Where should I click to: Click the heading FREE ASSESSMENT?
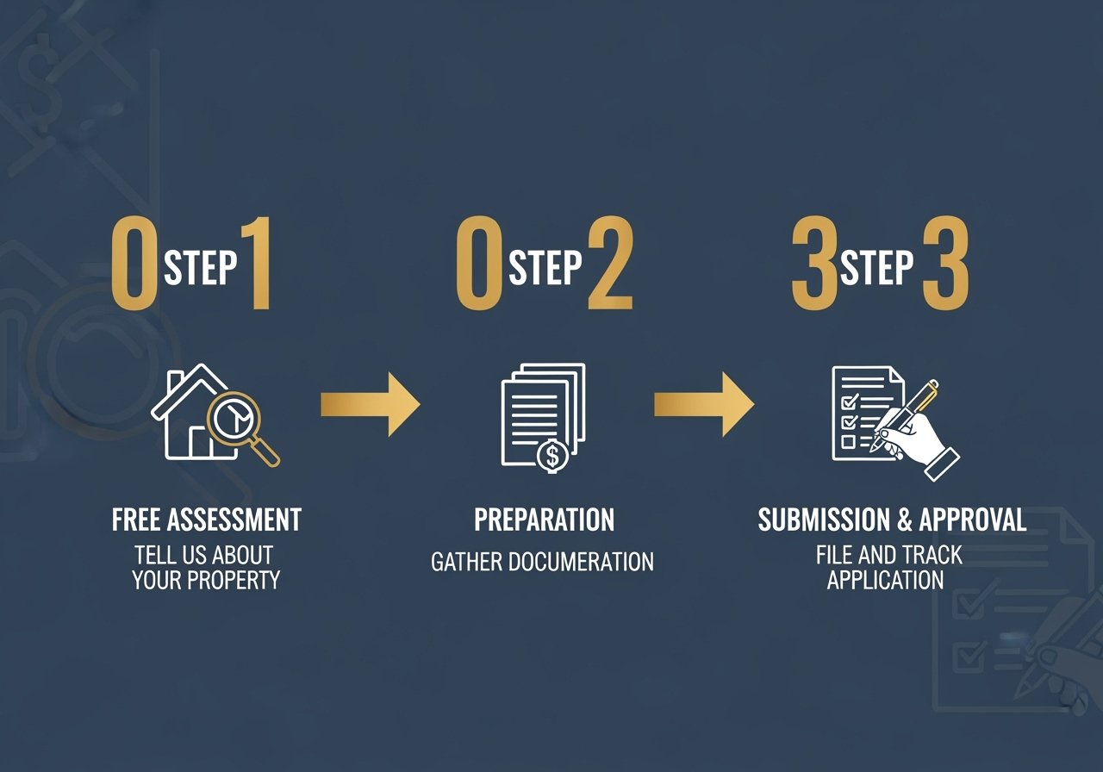click(207, 520)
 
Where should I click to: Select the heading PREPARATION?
click(545, 520)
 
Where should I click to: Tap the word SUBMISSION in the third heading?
click(823, 520)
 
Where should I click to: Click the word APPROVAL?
click(973, 520)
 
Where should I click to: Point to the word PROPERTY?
click(235, 580)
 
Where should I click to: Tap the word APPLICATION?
click(886, 580)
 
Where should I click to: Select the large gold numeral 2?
click(611, 265)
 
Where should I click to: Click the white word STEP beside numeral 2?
click(545, 268)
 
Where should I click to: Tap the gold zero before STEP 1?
click(134, 265)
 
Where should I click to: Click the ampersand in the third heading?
click(903, 520)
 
